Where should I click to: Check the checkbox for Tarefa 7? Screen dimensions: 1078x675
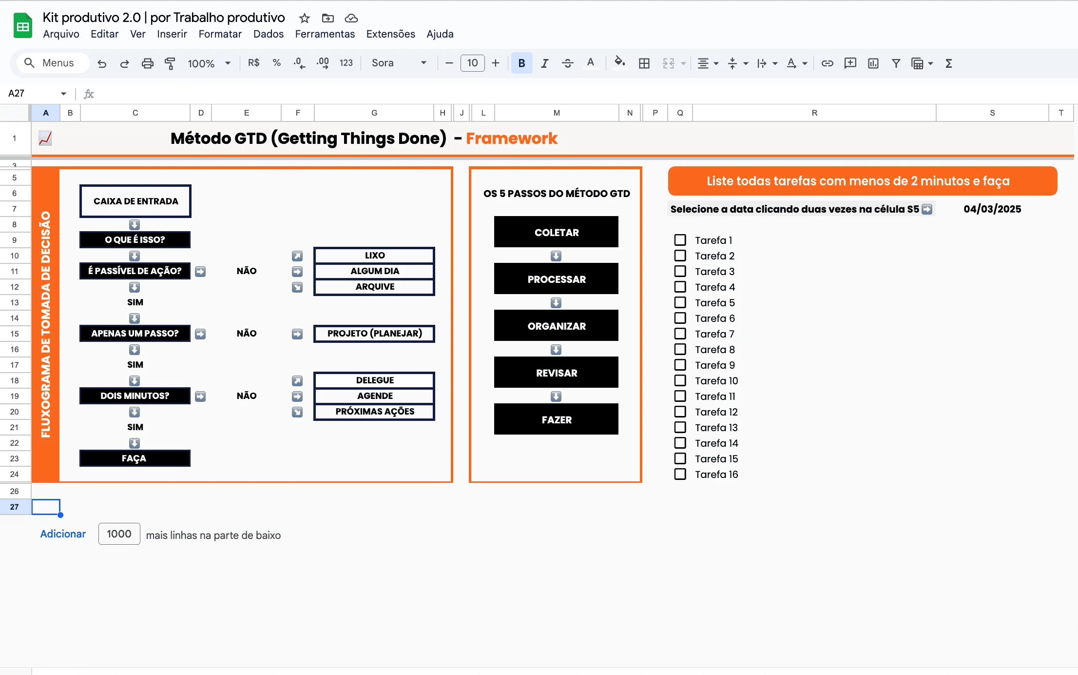680,334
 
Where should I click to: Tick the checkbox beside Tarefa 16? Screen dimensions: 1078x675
680,474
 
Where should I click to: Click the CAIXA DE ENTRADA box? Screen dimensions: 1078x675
135,201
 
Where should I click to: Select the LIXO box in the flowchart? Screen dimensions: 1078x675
374,255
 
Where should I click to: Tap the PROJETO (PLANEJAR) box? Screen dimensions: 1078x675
374,334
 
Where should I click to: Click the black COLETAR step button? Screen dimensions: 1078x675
556,232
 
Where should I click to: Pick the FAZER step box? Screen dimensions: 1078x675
556,419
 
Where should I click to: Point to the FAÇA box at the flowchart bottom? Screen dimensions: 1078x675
135,458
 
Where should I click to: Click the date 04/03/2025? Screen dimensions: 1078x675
992,209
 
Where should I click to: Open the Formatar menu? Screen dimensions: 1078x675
220,34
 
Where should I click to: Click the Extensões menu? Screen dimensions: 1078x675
390,34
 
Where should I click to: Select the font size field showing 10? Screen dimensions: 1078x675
472,63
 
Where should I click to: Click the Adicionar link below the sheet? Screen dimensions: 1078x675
63,534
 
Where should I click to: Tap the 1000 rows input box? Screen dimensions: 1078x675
119,534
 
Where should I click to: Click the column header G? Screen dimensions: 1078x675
374,113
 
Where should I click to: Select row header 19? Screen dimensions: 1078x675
15,396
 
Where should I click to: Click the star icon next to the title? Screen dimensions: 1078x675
305,19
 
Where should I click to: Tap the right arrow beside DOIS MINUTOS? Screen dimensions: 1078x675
200,396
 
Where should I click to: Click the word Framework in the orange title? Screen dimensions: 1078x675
512,139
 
